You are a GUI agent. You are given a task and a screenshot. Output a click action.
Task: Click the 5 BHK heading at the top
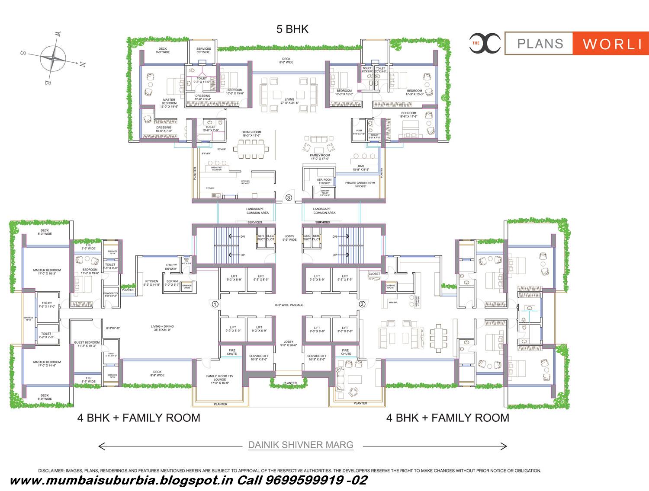coord(292,29)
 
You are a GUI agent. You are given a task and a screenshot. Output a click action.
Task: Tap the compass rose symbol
coord(53,58)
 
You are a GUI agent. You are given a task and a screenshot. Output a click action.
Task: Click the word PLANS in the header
coord(540,44)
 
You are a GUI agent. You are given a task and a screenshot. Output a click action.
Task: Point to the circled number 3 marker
coord(289,198)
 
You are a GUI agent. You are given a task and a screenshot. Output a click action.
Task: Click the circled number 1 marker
coord(215,304)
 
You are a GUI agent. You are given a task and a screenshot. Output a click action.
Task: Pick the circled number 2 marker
coord(362,304)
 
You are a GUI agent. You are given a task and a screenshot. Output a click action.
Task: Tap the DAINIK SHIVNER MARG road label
coord(301,445)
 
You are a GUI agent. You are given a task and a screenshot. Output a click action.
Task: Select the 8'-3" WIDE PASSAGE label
coord(289,305)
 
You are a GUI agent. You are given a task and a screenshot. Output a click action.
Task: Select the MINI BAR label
coord(393,303)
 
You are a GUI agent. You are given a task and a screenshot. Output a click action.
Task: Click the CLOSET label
coord(374,274)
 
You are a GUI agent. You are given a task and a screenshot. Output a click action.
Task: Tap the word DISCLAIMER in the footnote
coord(51,471)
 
